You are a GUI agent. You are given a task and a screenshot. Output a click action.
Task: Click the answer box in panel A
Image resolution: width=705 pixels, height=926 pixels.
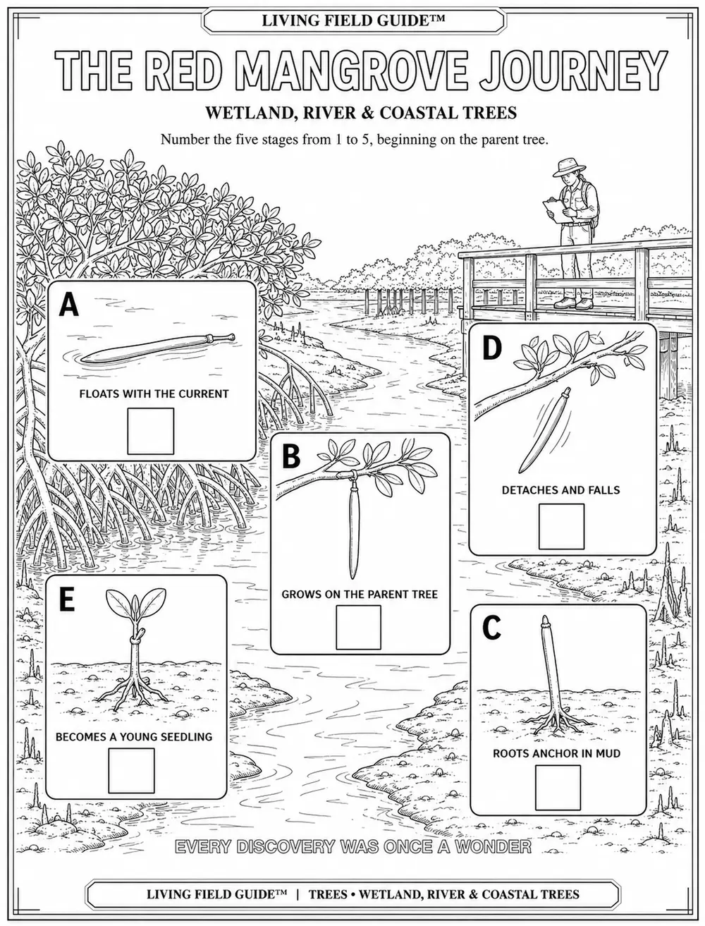pyautogui.click(x=151, y=431)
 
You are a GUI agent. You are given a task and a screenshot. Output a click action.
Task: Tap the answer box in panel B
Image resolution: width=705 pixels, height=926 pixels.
pyautogui.click(x=358, y=627)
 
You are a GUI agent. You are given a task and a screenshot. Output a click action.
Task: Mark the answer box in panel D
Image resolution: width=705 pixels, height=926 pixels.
pyautogui.click(x=561, y=526)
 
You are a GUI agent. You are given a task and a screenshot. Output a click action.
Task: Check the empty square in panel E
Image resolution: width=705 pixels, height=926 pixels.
pyautogui.click(x=131, y=771)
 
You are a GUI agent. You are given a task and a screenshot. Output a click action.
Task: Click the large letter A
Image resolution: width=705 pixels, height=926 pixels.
pyautogui.click(x=68, y=305)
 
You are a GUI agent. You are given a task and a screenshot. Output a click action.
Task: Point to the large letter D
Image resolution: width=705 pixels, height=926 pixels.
pyautogui.click(x=492, y=348)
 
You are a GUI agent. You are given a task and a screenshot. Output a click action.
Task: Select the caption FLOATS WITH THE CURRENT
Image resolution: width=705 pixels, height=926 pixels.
pyautogui.click(x=154, y=394)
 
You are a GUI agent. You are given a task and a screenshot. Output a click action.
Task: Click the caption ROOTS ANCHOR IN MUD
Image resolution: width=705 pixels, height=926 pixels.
pyautogui.click(x=556, y=753)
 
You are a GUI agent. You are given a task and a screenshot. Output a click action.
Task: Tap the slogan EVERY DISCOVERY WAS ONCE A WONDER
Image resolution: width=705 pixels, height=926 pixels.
pyautogui.click(x=352, y=846)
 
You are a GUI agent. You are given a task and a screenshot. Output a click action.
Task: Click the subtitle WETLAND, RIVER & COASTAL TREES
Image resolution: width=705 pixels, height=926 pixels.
pyautogui.click(x=360, y=113)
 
